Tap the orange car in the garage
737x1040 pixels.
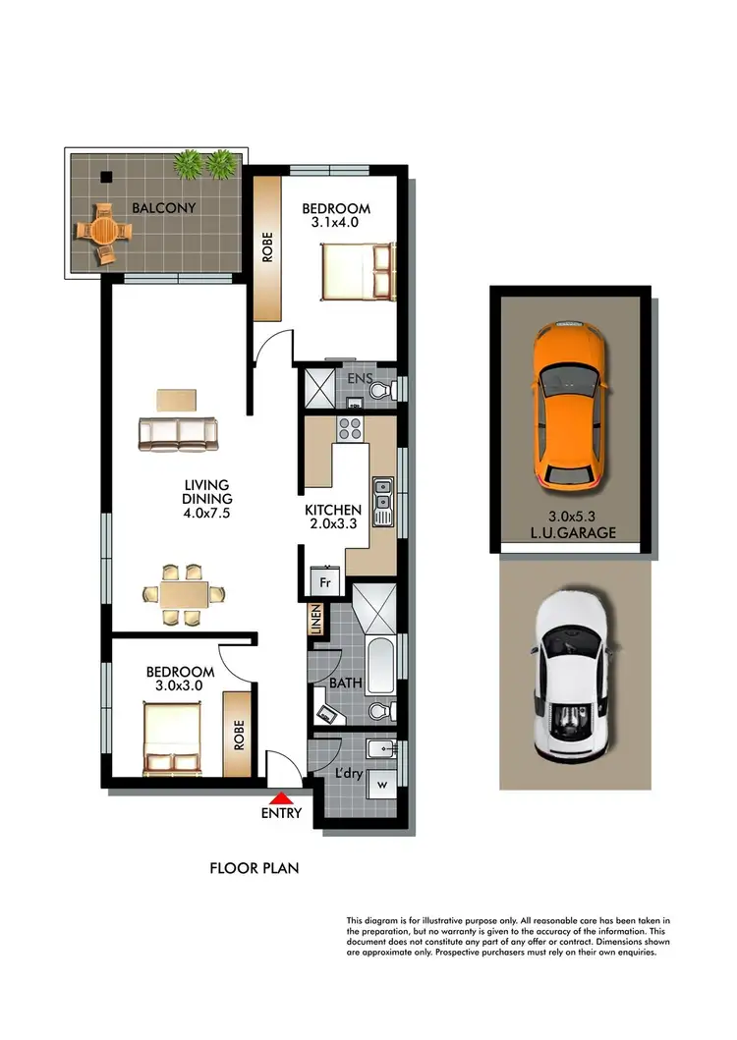click(570, 404)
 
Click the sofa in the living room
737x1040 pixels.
click(179, 433)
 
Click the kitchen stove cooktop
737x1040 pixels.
click(351, 429)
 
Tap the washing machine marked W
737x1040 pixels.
click(382, 785)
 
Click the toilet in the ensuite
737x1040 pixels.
click(381, 391)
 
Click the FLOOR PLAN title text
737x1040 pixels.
click(255, 868)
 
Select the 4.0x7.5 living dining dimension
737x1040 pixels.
click(206, 513)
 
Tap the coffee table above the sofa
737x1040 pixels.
click(177, 400)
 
